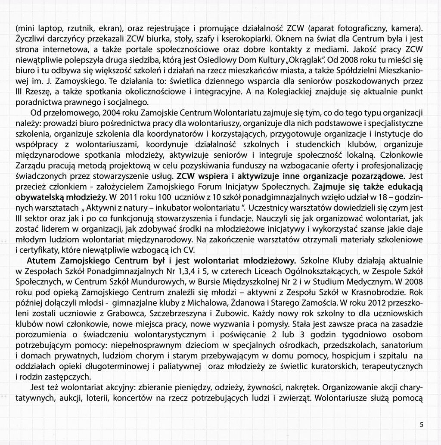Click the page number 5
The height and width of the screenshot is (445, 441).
[x=422, y=425]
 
